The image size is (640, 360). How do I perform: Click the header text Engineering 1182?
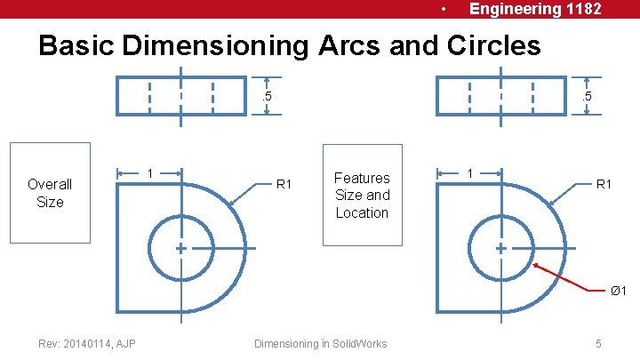[535, 9]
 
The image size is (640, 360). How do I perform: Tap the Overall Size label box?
[50, 193]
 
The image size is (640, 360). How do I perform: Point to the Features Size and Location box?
[362, 195]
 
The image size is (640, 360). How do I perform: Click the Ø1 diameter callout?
[618, 291]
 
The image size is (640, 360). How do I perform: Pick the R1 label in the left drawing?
[284, 185]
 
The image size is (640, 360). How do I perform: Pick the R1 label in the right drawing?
[604, 185]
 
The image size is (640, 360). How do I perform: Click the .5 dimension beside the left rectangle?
[266, 96]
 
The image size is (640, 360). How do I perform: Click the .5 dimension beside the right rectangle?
[586, 96]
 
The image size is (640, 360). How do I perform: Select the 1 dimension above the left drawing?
[150, 172]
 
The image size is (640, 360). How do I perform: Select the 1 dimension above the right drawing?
[470, 172]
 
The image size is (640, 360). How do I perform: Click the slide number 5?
[599, 343]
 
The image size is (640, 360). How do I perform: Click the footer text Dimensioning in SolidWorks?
[320, 343]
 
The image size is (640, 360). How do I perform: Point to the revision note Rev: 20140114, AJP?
[87, 343]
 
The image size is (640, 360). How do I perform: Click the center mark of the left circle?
[180, 249]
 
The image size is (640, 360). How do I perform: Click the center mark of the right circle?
[500, 249]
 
